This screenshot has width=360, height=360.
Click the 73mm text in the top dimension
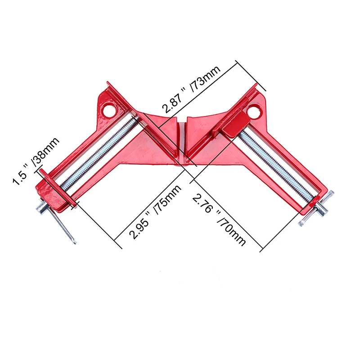[206, 79]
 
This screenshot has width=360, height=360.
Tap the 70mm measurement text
[230, 229]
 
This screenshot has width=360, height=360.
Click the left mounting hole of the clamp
[108, 109]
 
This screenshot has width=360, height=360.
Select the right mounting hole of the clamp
[254, 110]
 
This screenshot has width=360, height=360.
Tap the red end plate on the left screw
[56, 187]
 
